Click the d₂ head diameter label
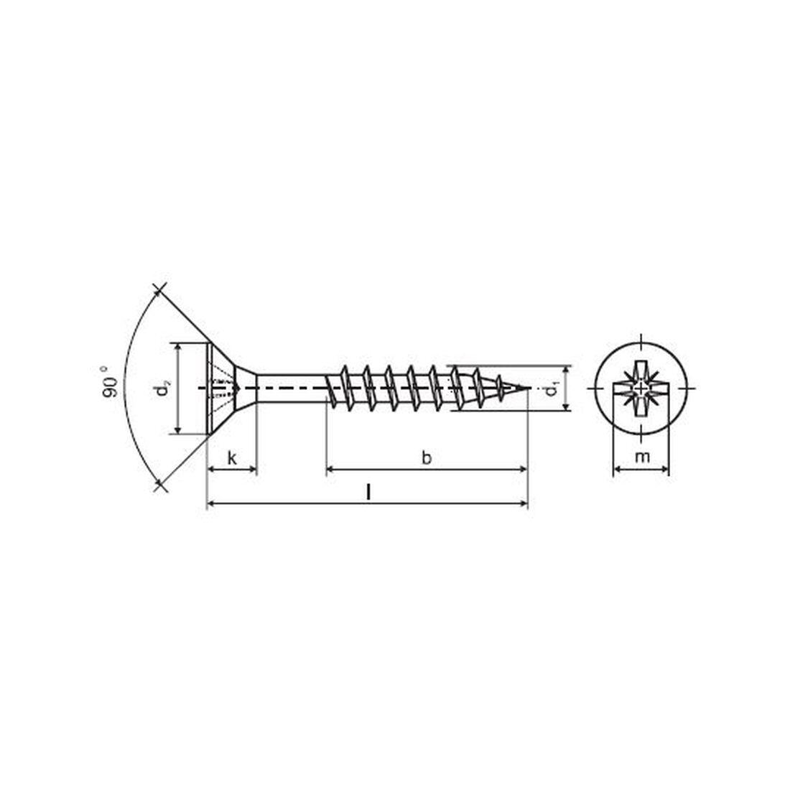pos(163,389)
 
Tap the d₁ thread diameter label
pos(551,389)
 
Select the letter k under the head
pos(231,457)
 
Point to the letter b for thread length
pos(427,457)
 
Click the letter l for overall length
pos(368,492)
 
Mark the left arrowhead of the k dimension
pos(210,470)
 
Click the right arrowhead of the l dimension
pos(524,505)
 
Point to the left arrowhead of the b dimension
pos(330,470)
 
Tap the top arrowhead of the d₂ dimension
pos(177,346)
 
